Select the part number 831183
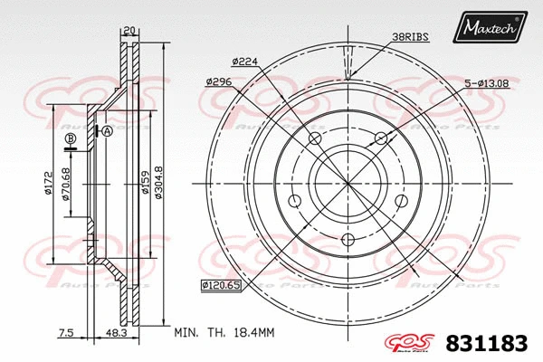487,342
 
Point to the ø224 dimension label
245,62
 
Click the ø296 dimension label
220,81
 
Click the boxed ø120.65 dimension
220,286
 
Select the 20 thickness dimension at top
130,29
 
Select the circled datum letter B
71,138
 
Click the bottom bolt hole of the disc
348,240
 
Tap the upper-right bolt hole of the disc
381,138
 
